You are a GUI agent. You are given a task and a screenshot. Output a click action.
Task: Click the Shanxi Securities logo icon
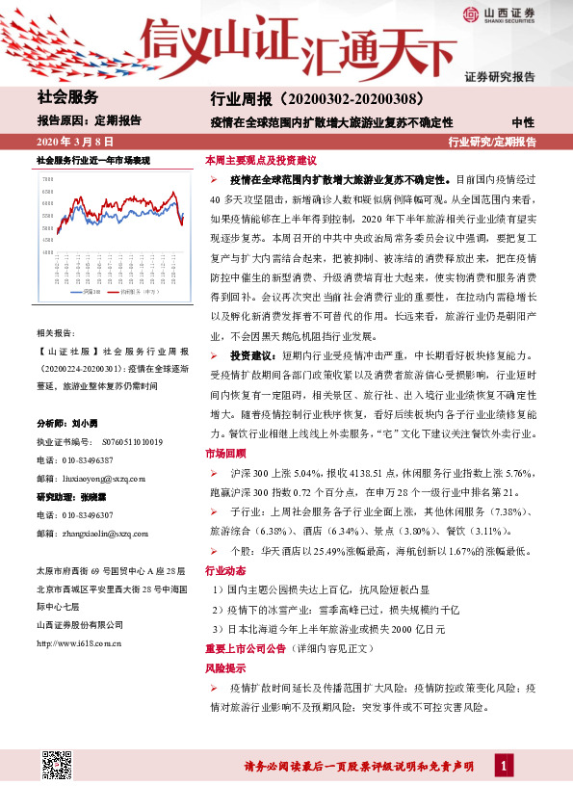click(471, 13)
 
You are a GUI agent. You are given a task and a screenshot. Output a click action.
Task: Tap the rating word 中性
click(524, 121)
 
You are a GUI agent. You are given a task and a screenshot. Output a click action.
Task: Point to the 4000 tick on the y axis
click(47, 252)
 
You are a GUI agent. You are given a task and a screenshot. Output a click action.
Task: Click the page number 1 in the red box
click(504, 766)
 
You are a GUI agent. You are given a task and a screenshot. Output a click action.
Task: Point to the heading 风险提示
click(223, 667)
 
